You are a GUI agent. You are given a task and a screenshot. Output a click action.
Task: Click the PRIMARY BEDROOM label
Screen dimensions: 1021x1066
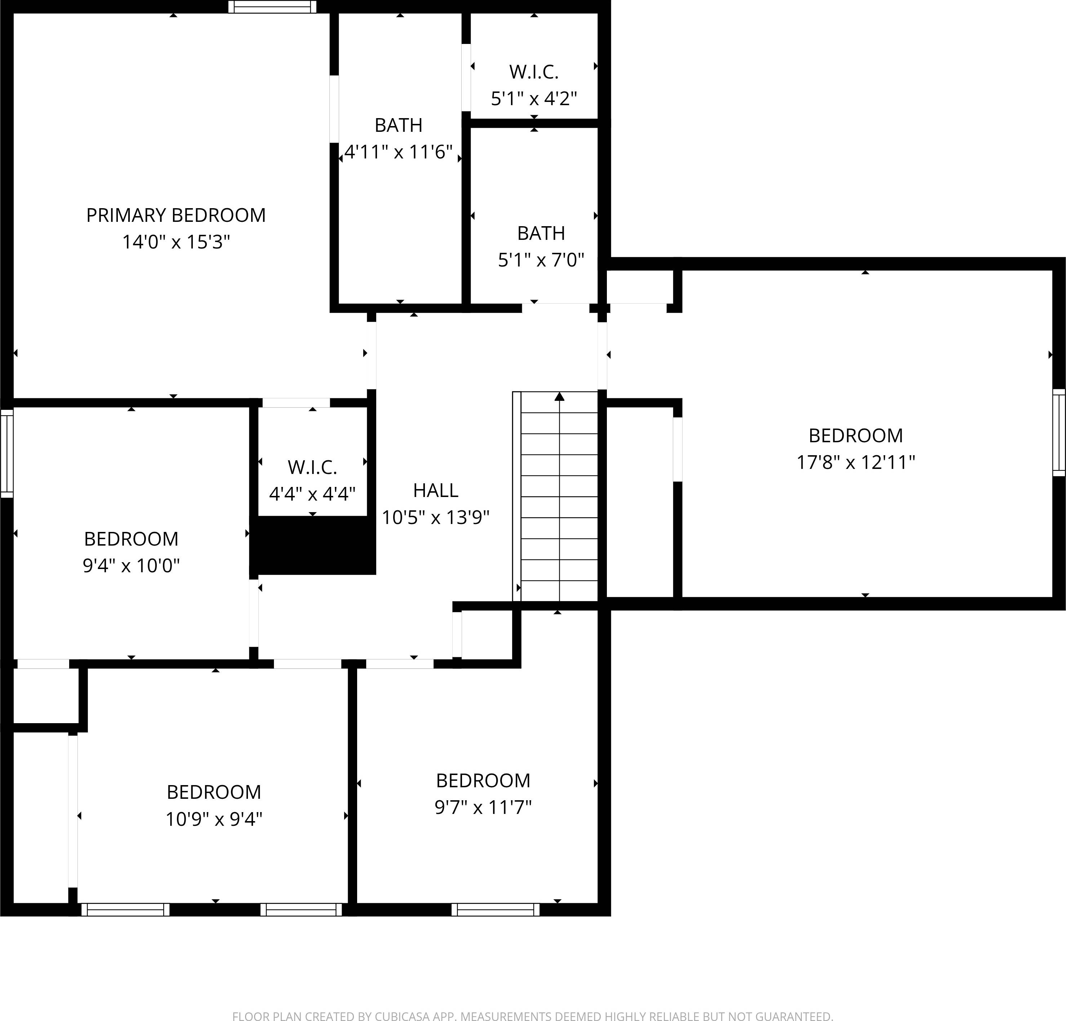(176, 215)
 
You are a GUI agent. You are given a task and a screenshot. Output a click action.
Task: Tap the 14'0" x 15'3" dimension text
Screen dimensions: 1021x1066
(176, 242)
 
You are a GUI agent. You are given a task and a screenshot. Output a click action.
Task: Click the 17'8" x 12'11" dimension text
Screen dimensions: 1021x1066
(856, 462)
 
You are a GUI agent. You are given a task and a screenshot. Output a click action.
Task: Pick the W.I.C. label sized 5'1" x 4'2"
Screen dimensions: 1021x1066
(534, 72)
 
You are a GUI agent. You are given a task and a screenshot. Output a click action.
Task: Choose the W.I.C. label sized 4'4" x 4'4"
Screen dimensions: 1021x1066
(312, 467)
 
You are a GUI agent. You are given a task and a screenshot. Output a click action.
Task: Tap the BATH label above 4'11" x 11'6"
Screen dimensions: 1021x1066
(399, 125)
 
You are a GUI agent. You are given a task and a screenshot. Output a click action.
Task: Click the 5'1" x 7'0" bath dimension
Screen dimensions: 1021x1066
(541, 260)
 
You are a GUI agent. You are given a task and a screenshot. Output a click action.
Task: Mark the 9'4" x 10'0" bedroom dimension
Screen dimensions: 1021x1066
(131, 565)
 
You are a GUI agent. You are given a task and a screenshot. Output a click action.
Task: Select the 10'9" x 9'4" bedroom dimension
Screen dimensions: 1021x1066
(214, 819)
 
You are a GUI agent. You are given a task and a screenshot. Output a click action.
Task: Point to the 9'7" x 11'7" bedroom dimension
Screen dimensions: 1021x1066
(483, 807)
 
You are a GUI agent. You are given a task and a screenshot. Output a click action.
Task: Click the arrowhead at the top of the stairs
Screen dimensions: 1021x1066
(559, 396)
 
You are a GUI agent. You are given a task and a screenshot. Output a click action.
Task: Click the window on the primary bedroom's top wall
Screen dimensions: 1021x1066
(272, 6)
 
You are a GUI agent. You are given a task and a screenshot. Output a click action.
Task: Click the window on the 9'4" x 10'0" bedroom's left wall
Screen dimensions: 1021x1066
(6, 453)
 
